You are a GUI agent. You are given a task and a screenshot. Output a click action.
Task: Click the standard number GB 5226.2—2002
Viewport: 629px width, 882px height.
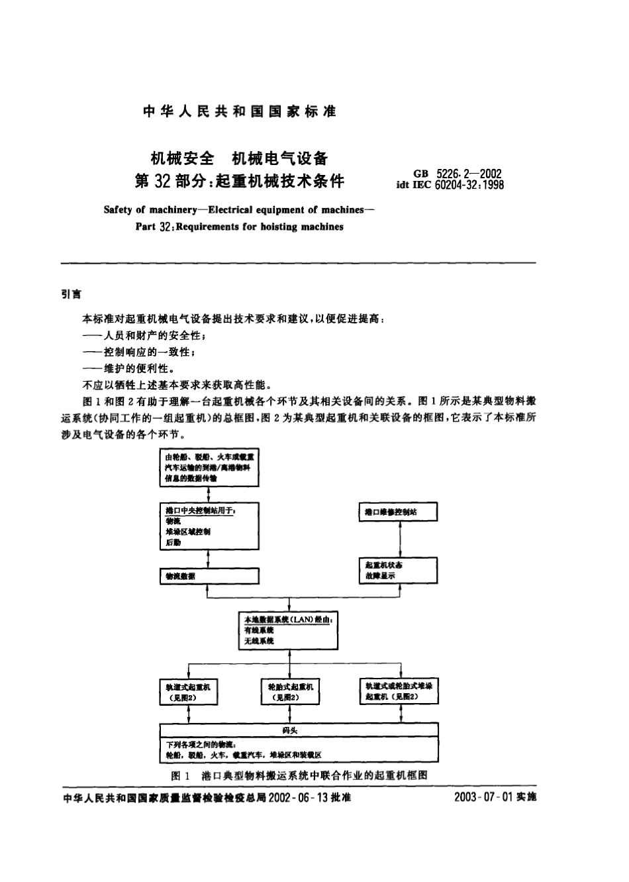tap(457, 174)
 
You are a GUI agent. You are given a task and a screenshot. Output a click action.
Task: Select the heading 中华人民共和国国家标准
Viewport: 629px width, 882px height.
tap(240, 111)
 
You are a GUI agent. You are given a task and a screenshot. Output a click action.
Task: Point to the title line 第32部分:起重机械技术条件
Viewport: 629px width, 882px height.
tap(240, 180)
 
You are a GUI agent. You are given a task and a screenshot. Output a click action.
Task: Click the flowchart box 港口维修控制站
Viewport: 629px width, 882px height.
tap(398, 512)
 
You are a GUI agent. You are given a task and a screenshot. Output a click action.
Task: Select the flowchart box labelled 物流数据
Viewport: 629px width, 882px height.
tap(209, 576)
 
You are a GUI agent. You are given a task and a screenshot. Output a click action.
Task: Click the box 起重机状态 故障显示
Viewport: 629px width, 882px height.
tap(398, 571)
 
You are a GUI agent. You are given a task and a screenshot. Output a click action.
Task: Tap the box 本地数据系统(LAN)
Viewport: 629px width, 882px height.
tap(289, 630)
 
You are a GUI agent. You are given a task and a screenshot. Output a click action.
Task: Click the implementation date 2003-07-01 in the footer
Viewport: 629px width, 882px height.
tap(483, 797)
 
